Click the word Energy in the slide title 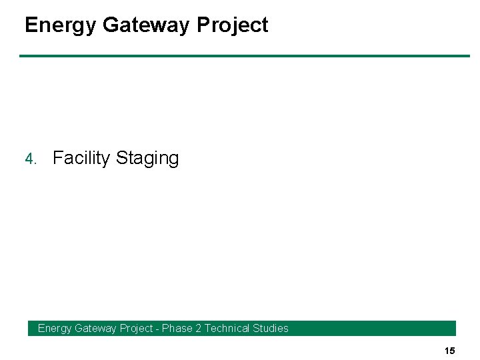(61, 25)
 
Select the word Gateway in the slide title (147, 25)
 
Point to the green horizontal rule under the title (244, 56)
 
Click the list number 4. (30, 159)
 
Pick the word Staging (147, 159)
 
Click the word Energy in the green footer (55, 328)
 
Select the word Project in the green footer (136, 328)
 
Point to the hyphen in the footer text (157, 328)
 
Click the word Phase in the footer (177, 328)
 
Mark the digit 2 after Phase (198, 328)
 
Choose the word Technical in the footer (228, 328)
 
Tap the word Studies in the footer (272, 328)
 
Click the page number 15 (449, 351)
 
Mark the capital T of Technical (207, 328)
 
